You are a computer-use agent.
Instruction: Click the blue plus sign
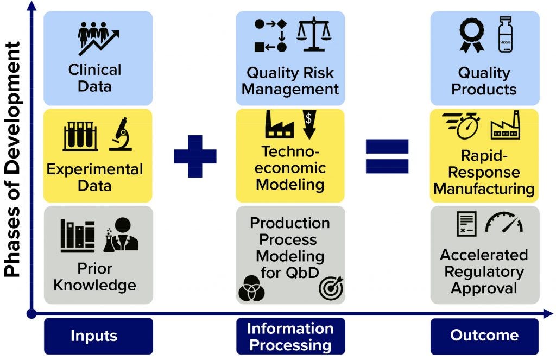point(195,156)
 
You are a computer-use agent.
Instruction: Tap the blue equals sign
point(387,156)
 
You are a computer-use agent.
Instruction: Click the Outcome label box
point(484,336)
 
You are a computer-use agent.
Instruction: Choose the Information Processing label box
point(289,336)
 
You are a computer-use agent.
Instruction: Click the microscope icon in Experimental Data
point(121,135)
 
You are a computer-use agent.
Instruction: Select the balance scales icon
point(313,35)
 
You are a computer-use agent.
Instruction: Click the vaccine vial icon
point(506,34)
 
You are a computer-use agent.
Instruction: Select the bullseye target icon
point(331,288)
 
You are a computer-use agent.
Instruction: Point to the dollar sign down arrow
point(308,124)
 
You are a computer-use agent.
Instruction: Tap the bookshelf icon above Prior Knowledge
point(77,236)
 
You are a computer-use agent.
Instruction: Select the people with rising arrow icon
point(98,37)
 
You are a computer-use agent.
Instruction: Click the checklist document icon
point(466,223)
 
